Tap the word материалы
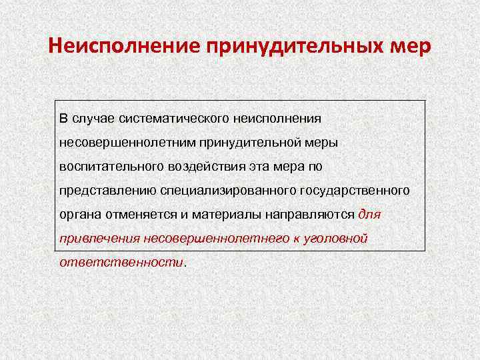click(x=217, y=215)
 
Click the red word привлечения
click(x=96, y=239)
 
